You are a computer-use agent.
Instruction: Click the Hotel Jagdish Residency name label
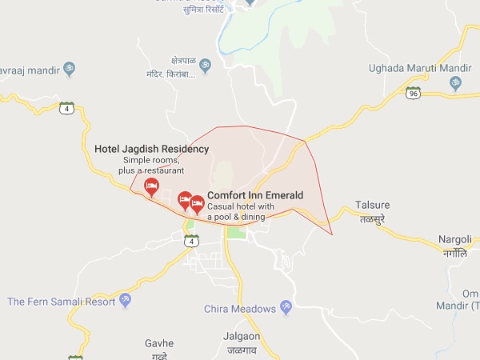point(151,149)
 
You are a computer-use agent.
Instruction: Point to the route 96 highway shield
point(413,94)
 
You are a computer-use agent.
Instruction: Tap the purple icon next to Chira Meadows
point(286,308)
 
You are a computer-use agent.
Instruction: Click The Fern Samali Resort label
point(61,302)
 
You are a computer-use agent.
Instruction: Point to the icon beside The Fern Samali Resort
point(124,300)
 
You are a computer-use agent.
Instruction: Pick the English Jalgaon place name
point(242,337)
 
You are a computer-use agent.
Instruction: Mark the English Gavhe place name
point(158,343)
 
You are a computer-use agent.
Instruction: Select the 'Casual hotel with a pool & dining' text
point(241,212)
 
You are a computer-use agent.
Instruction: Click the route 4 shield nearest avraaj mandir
point(67,107)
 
